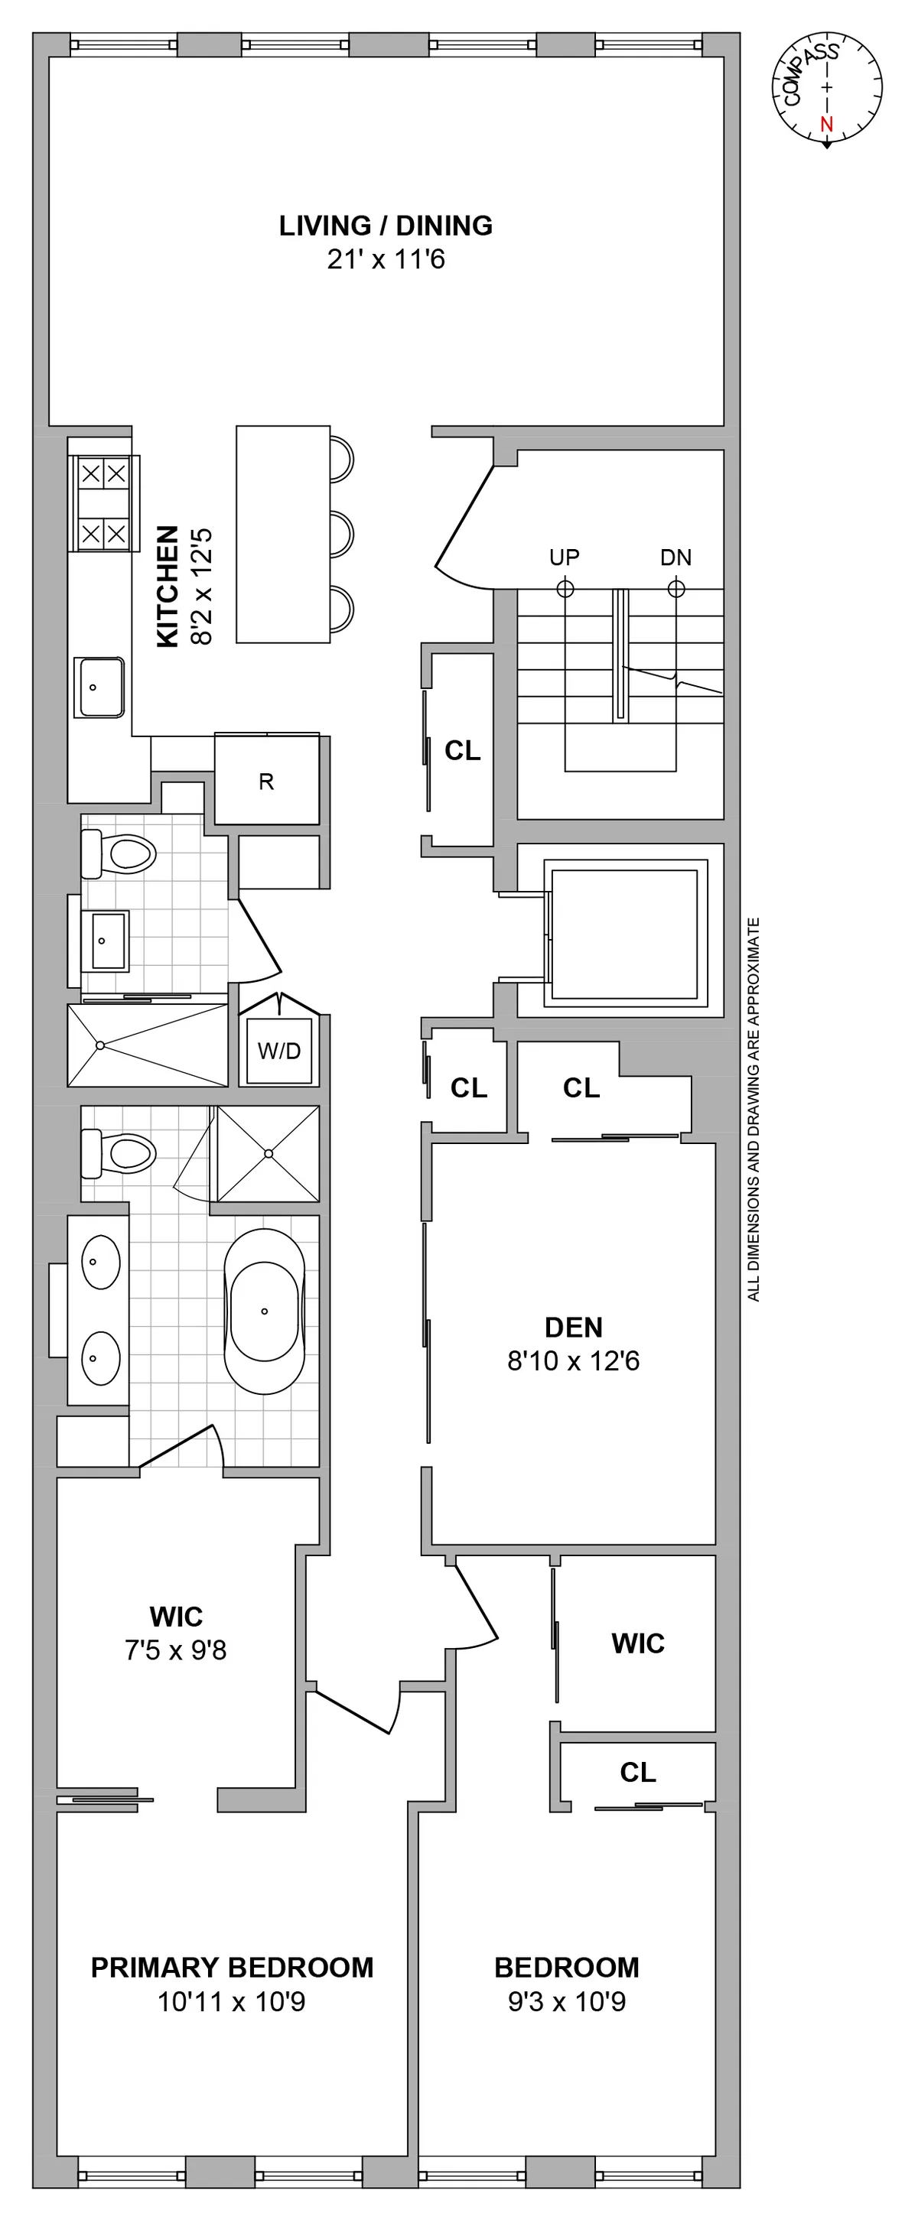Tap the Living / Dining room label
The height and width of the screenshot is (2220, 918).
[386, 226]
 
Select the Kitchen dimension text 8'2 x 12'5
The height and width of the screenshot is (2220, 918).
[201, 587]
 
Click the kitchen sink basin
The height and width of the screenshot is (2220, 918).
[100, 687]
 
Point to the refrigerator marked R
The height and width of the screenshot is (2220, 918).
[266, 781]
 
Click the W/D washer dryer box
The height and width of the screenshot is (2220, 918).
[279, 1051]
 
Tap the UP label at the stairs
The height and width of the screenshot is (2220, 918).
[565, 557]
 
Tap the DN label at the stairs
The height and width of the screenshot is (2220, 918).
[675, 557]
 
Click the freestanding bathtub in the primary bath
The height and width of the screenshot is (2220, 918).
[265, 1311]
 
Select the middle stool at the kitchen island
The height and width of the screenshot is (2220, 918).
[342, 534]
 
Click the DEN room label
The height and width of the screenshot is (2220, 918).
[573, 1327]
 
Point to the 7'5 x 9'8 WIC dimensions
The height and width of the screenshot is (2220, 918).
[176, 1650]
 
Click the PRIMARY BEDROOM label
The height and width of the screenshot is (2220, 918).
[232, 1967]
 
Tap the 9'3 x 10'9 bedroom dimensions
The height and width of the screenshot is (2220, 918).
[566, 2001]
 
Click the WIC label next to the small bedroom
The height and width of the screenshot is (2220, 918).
[638, 1643]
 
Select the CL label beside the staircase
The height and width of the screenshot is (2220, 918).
[462, 751]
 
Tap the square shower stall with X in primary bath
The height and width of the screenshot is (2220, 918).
[268, 1153]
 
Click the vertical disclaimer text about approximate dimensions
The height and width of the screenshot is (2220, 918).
[754, 1109]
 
